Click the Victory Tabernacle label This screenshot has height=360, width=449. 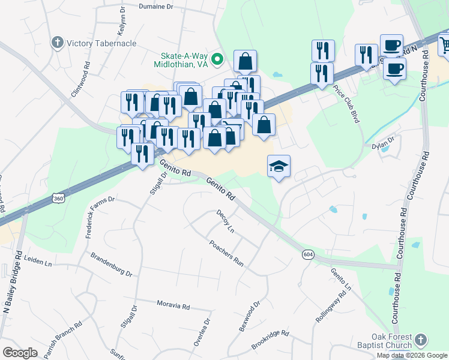[101, 43]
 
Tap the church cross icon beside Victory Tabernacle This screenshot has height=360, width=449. [58, 43]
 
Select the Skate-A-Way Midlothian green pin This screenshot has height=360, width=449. [218, 59]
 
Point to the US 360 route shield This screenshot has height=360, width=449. [58, 197]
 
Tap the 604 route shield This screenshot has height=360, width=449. [308, 254]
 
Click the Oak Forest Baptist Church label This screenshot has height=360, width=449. [391, 341]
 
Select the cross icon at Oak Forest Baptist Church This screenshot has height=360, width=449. [421, 340]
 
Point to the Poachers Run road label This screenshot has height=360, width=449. [226, 253]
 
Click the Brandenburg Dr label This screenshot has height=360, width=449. [111, 265]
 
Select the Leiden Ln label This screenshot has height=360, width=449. [38, 262]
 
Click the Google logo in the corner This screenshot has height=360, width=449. [20, 353]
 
